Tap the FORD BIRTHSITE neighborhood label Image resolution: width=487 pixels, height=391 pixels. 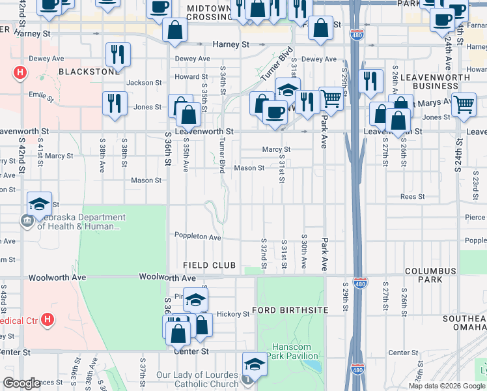tap(290, 310)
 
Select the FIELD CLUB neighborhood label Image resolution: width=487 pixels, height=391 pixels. tap(209, 265)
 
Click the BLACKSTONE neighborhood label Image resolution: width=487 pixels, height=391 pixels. tap(89, 71)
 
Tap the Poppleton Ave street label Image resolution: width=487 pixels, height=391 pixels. tap(198, 236)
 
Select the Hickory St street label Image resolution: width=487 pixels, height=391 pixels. tap(233, 314)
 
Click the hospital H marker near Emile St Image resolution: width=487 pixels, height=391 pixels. tap(21, 72)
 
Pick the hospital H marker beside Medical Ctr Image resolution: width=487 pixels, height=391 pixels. tap(48, 320)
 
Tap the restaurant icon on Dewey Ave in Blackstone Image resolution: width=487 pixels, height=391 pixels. tap(118, 55)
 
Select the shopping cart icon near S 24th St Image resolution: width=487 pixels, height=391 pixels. tap(464, 104)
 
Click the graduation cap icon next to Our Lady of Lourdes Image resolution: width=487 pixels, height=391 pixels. tap(255, 364)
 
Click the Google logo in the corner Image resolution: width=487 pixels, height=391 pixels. tap(22, 383)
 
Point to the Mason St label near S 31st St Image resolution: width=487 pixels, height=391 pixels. tap(249, 167)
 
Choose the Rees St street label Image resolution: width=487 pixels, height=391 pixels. tap(412, 196)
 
